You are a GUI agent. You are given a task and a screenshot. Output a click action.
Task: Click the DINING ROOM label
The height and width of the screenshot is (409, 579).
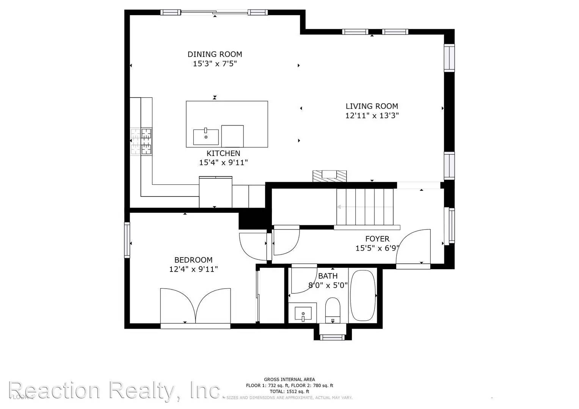pyautogui.click(x=215, y=54)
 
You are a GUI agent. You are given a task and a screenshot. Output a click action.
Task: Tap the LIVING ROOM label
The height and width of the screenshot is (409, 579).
pyautogui.click(x=372, y=106)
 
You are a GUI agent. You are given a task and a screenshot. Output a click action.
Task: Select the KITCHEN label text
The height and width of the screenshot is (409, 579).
pyautogui.click(x=223, y=153)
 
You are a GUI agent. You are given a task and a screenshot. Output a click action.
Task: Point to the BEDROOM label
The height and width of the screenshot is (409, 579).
pyautogui.click(x=193, y=260)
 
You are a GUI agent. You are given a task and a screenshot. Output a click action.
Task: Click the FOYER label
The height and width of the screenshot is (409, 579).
pyautogui.click(x=377, y=239)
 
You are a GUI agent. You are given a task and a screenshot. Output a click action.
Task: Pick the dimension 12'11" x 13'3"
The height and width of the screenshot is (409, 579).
pyautogui.click(x=372, y=116)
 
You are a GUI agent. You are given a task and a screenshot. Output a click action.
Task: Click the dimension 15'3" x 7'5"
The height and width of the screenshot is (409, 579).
pyautogui.click(x=215, y=64)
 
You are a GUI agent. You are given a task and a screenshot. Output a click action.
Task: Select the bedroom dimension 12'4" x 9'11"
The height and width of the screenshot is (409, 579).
pyautogui.click(x=193, y=270)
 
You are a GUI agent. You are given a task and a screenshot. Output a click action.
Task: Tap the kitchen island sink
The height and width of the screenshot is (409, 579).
pyautogui.click(x=206, y=137)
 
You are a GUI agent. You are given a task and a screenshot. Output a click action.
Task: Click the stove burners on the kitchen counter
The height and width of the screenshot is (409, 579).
pyautogui.click(x=141, y=141)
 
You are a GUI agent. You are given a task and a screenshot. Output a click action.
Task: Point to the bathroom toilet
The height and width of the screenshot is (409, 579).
pyautogui.click(x=333, y=309)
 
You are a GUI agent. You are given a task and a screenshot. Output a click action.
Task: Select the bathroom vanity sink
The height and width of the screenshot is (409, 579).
pyautogui.click(x=303, y=314)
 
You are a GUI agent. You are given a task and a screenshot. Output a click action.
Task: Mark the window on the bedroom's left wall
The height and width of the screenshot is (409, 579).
pyautogui.click(x=127, y=240)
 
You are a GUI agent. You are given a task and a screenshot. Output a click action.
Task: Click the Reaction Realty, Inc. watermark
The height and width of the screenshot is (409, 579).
pyautogui.click(x=114, y=390)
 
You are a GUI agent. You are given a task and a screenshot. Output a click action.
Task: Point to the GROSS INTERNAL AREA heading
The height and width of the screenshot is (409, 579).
pyautogui.click(x=289, y=379)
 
